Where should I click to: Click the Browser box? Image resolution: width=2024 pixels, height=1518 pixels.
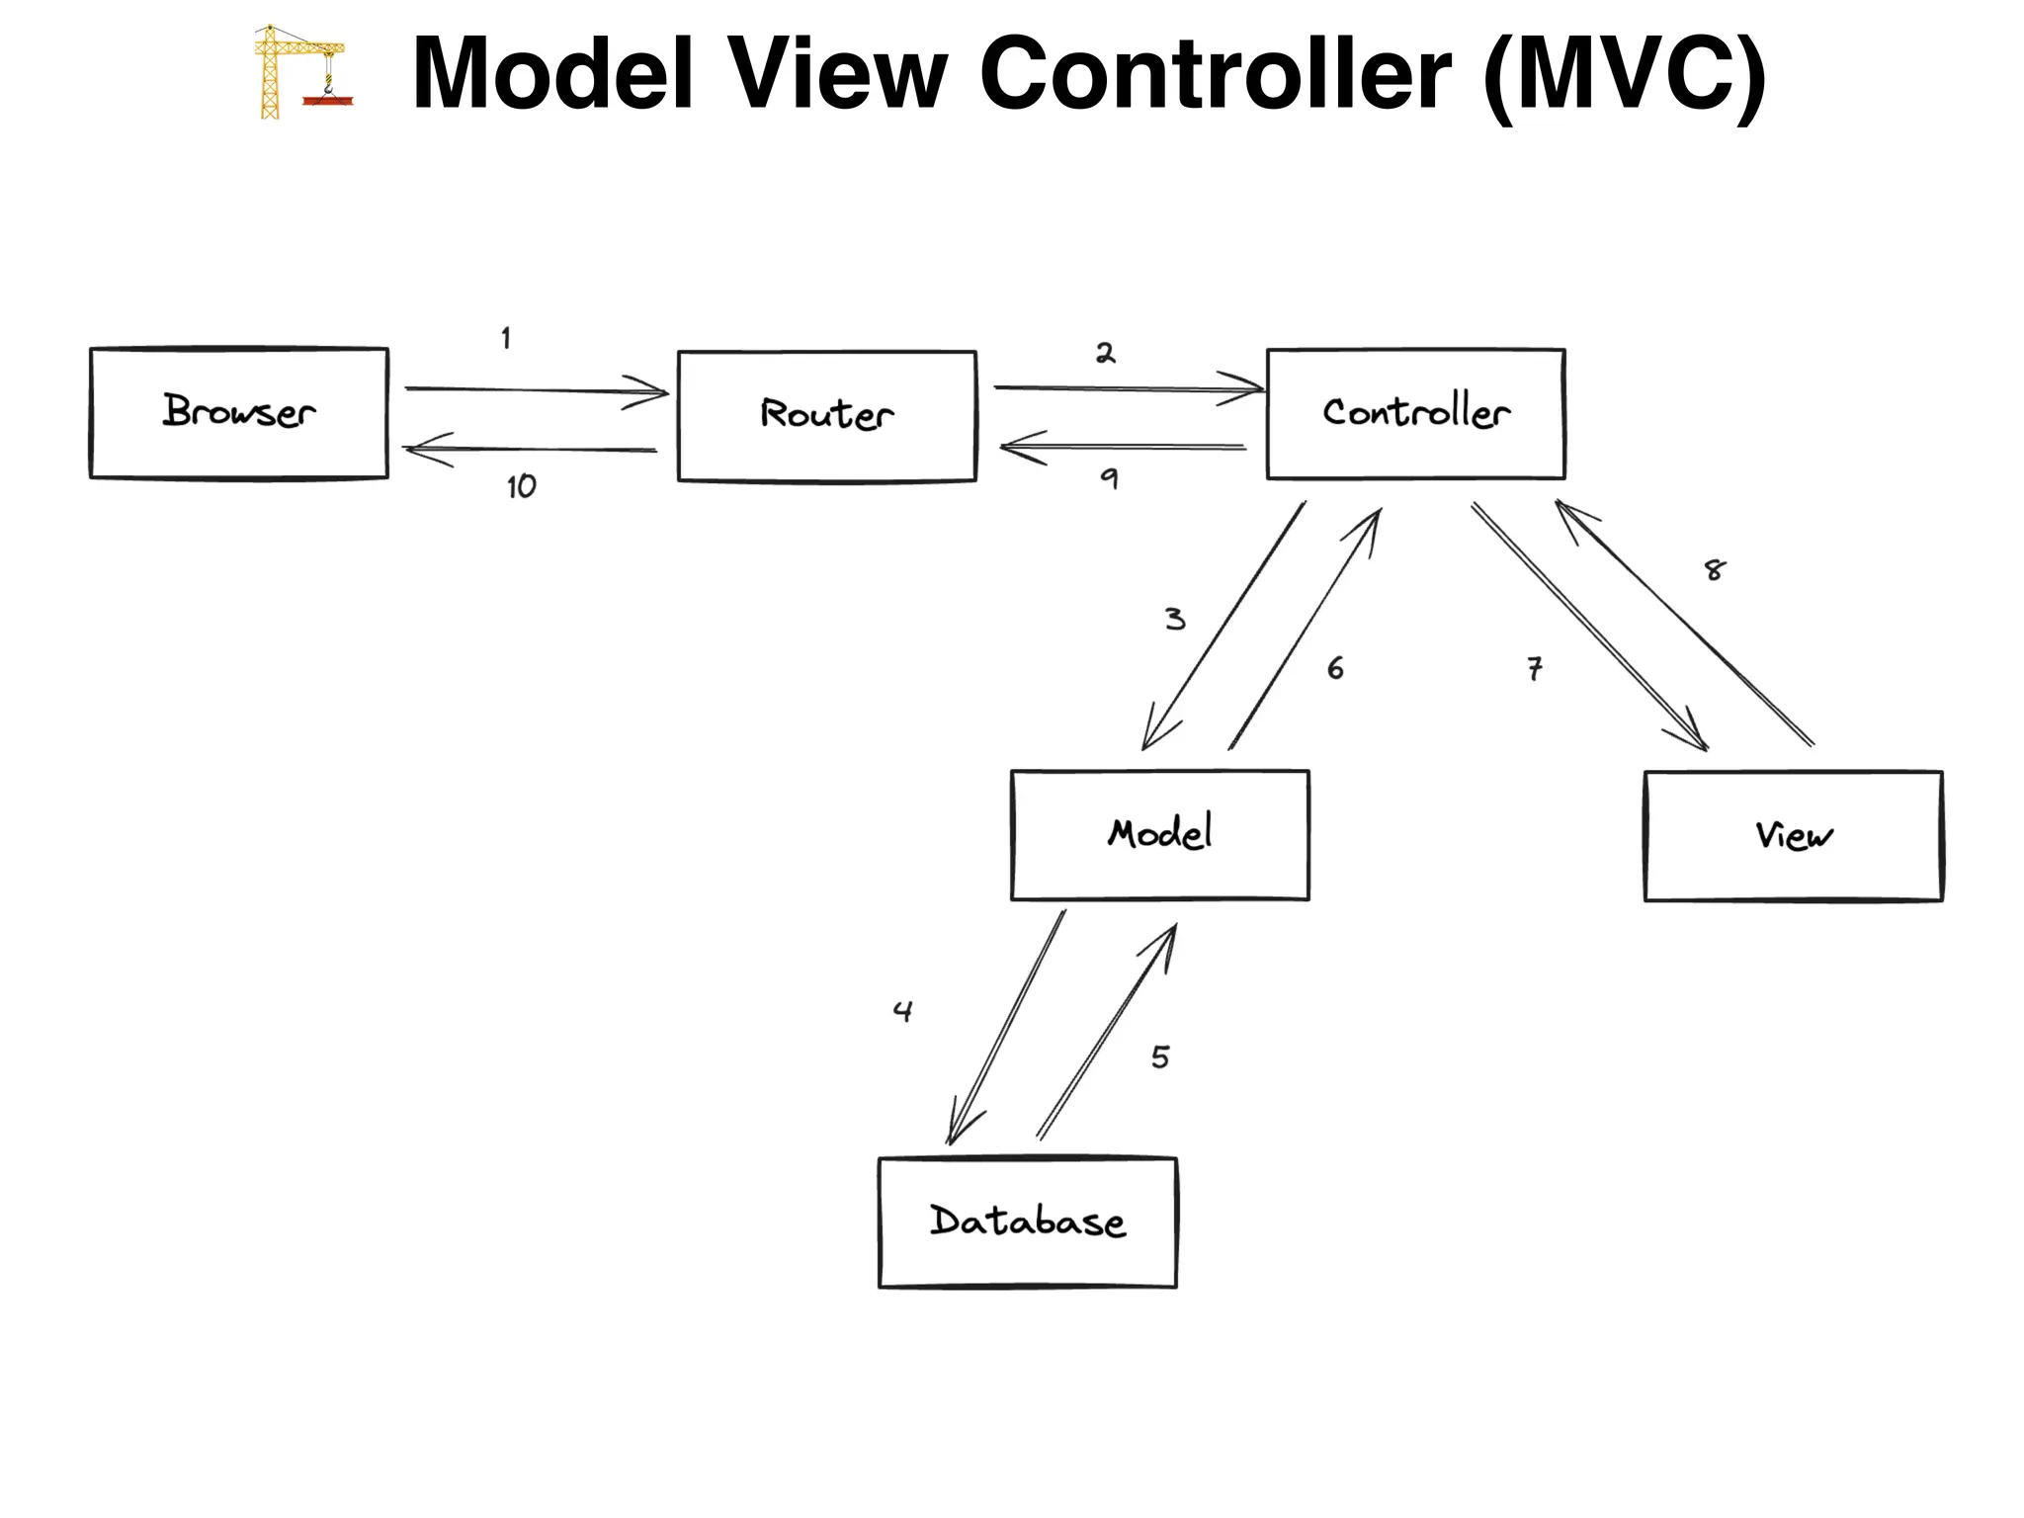coord(238,413)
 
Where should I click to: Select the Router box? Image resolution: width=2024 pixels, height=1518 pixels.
coord(826,416)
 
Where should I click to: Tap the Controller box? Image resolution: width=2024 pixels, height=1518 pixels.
coord(1415,414)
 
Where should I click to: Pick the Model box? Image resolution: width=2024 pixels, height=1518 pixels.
coord(1159,835)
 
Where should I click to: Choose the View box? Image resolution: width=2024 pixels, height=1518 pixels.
coord(1793,836)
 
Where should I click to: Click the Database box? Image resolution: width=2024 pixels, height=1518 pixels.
coord(1027,1223)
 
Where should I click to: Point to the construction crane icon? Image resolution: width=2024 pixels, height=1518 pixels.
coord(300,72)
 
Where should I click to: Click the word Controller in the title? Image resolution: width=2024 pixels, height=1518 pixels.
coord(1215,73)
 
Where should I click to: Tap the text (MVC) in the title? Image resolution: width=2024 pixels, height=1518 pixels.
coord(1624,75)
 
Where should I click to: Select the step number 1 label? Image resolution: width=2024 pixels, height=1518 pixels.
coord(506,339)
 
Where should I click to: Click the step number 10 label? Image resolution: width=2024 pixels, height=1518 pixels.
coord(521,486)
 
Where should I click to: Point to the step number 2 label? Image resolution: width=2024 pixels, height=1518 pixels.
coord(1105,353)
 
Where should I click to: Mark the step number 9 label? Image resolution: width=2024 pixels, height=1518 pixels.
coord(1109,479)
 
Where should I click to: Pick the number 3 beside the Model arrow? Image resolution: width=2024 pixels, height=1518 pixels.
coord(1174,620)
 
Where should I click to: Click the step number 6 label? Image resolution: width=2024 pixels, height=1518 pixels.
coord(1335,669)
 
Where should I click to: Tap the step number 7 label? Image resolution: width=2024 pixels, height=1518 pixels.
coord(1534,669)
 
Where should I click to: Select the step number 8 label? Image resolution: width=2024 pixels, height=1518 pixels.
coord(1715,570)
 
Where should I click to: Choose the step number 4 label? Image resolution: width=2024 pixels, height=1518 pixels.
coord(902,1011)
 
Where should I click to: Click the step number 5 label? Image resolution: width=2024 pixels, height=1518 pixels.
coord(1160,1057)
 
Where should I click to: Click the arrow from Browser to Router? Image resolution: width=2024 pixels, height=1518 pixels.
coord(534,390)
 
